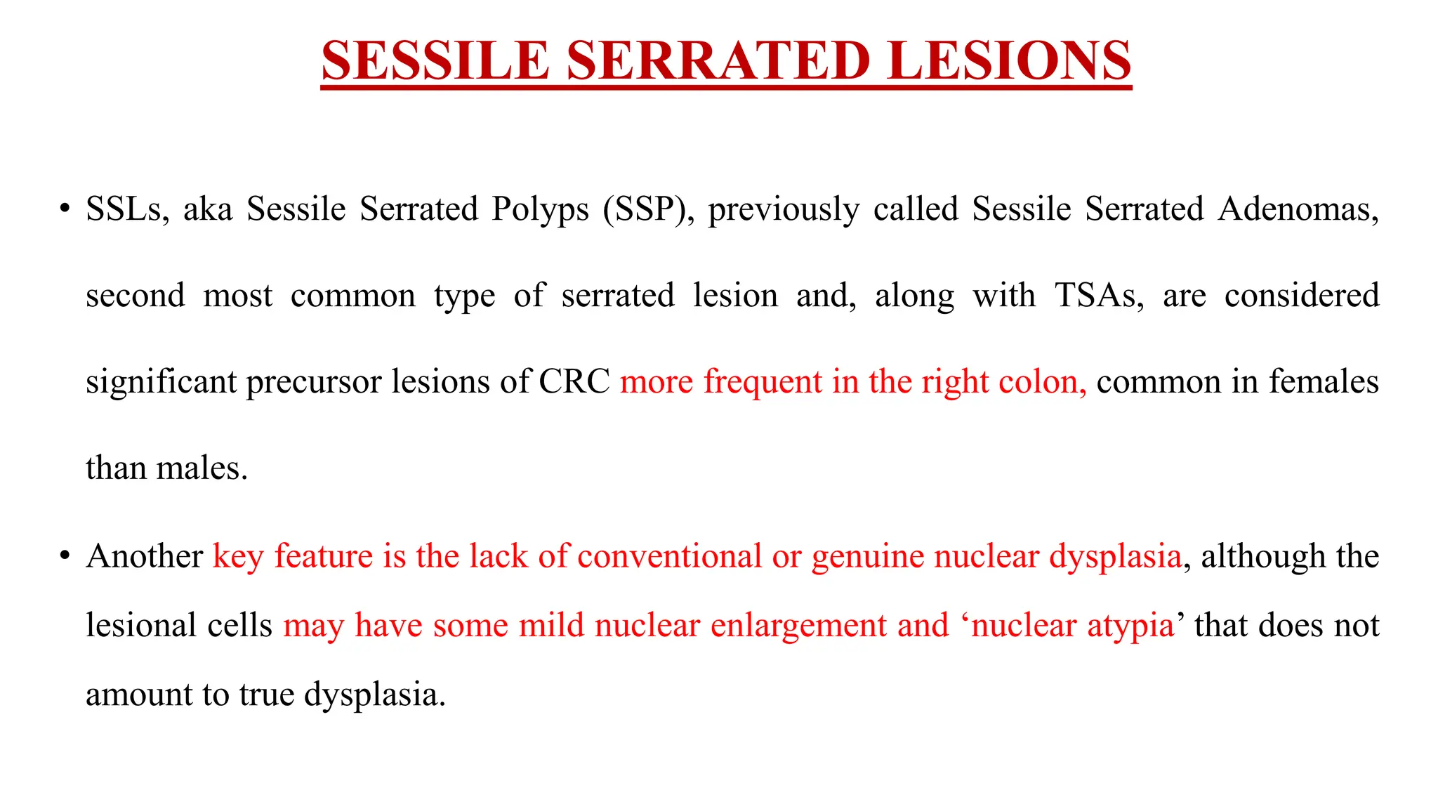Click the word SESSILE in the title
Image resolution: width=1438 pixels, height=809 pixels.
[435, 60]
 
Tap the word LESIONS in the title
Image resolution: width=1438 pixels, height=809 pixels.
[1008, 60]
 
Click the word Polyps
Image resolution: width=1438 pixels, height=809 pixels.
[540, 209]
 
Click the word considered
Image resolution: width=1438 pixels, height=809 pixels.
[1302, 296]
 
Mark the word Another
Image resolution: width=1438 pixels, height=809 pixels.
[145, 556]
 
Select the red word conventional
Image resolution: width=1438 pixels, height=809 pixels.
[669, 556]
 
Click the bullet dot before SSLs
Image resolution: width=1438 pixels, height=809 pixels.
[65, 209]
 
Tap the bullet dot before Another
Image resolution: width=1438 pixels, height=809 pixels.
[65, 556]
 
